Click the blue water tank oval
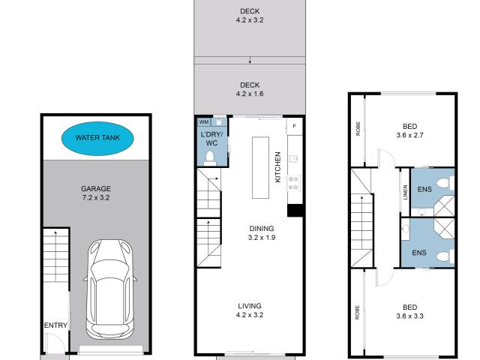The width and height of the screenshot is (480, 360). (95, 138)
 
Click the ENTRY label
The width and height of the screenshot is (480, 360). (55, 325)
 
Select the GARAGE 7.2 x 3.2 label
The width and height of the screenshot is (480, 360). (95, 194)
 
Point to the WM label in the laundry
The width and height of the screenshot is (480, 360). (203, 121)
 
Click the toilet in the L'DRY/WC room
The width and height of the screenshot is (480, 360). (211, 157)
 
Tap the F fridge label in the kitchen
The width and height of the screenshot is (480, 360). (294, 126)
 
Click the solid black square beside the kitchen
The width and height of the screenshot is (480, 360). (295, 210)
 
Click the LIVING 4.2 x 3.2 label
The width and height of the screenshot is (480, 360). (250, 310)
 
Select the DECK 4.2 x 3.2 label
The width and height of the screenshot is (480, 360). (250, 16)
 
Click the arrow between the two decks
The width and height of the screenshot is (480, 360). (250, 60)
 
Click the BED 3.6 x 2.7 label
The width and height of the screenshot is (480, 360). (409, 131)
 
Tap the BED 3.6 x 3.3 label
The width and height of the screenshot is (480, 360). (409, 311)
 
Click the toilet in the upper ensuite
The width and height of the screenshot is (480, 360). (445, 182)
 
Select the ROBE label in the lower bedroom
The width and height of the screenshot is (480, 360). (358, 310)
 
